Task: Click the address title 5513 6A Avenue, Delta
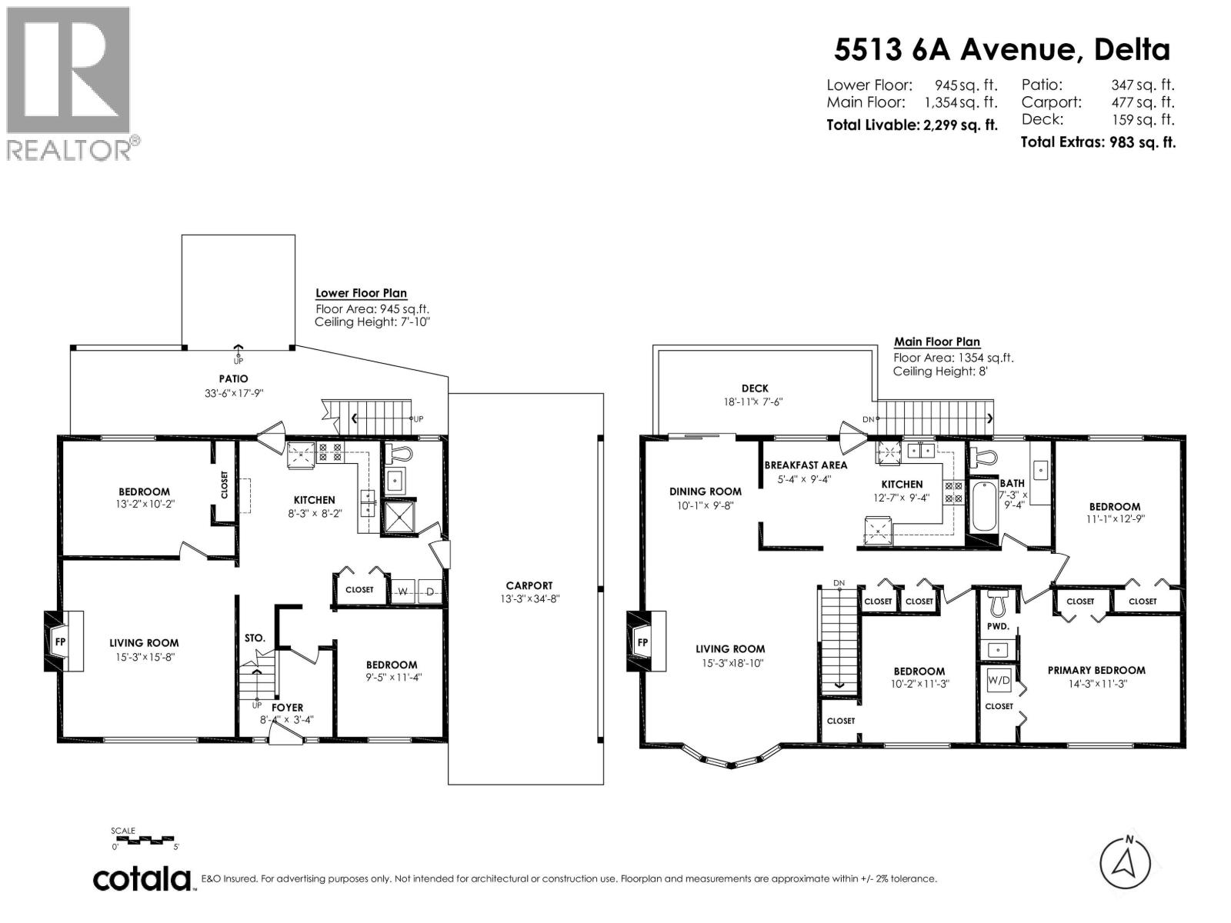point(1002,50)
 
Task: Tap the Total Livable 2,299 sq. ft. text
point(911,125)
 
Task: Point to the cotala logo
point(142,878)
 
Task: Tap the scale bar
point(145,840)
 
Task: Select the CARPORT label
point(529,585)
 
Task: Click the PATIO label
point(233,378)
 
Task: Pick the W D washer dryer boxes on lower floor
point(415,591)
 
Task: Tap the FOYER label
point(287,708)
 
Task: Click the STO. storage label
point(255,638)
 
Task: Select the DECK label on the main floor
point(755,388)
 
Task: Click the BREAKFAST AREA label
point(806,465)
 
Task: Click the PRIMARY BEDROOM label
point(1096,670)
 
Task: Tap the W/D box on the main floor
point(999,681)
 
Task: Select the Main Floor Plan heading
point(936,342)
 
